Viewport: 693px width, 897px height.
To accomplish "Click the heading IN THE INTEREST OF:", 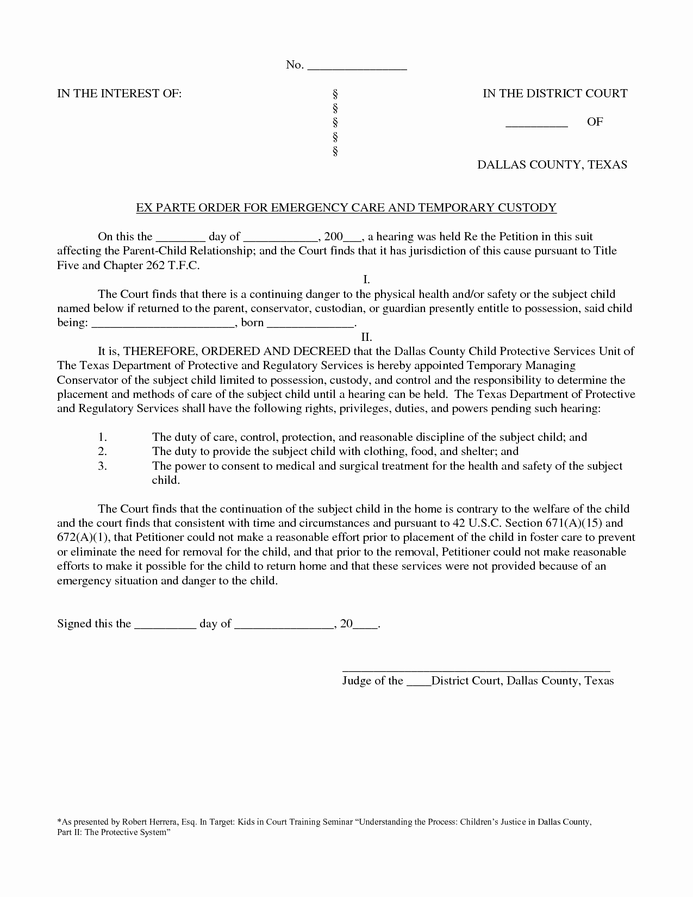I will (x=120, y=94).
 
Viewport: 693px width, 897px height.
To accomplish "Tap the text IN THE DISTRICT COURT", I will (x=555, y=94).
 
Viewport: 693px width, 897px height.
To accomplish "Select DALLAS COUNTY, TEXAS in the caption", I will (x=552, y=165).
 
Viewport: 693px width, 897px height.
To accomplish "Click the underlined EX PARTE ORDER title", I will (x=346, y=207).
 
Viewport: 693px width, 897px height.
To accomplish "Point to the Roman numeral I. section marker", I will (x=366, y=280).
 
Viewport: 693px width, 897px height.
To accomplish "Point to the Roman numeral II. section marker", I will (x=366, y=337).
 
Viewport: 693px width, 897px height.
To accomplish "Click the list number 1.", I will (x=102, y=437).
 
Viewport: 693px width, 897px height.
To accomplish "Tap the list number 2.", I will (x=102, y=451).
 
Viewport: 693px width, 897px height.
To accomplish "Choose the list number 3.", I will (x=102, y=466).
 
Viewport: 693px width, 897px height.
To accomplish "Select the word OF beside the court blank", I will (x=595, y=122).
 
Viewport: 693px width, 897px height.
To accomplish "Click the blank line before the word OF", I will (x=536, y=124).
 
